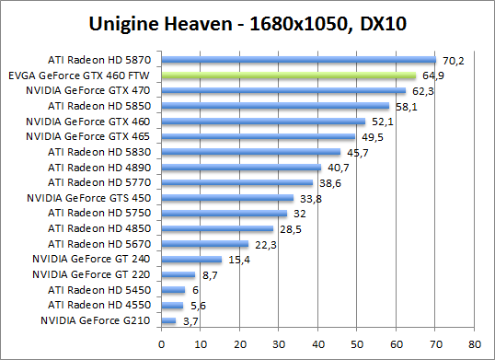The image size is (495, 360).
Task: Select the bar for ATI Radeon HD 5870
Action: pyautogui.click(x=298, y=60)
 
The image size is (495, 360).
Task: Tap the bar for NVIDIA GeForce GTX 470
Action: pyautogui.click(x=282, y=91)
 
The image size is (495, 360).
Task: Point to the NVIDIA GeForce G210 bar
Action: pyautogui.click(x=168, y=320)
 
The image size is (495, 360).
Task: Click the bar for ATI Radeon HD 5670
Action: pyautogui.click(x=205, y=244)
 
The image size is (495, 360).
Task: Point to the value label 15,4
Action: pyautogui.click(x=238, y=260)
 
